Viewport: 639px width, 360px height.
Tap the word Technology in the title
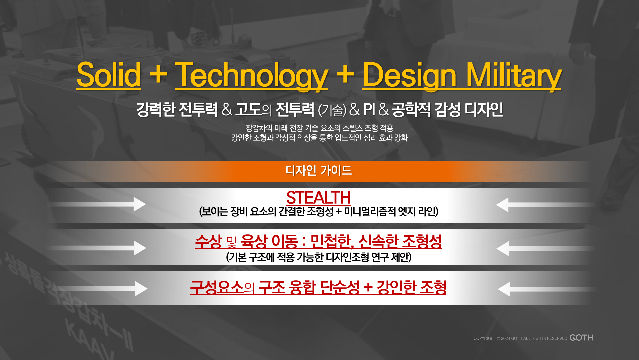pos(251,76)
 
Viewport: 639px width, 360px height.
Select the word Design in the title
pos(409,76)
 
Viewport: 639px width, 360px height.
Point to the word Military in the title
pos(514,76)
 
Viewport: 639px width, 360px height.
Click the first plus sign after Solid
pos(158,74)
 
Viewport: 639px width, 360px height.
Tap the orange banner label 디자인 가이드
pos(318,170)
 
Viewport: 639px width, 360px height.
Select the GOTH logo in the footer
pos(581,338)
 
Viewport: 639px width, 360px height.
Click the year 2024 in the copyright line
pos(505,338)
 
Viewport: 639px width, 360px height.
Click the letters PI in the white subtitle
pos(369,109)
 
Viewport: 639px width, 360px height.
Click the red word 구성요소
pos(217,287)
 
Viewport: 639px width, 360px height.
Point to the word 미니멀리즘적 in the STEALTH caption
pos(370,211)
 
